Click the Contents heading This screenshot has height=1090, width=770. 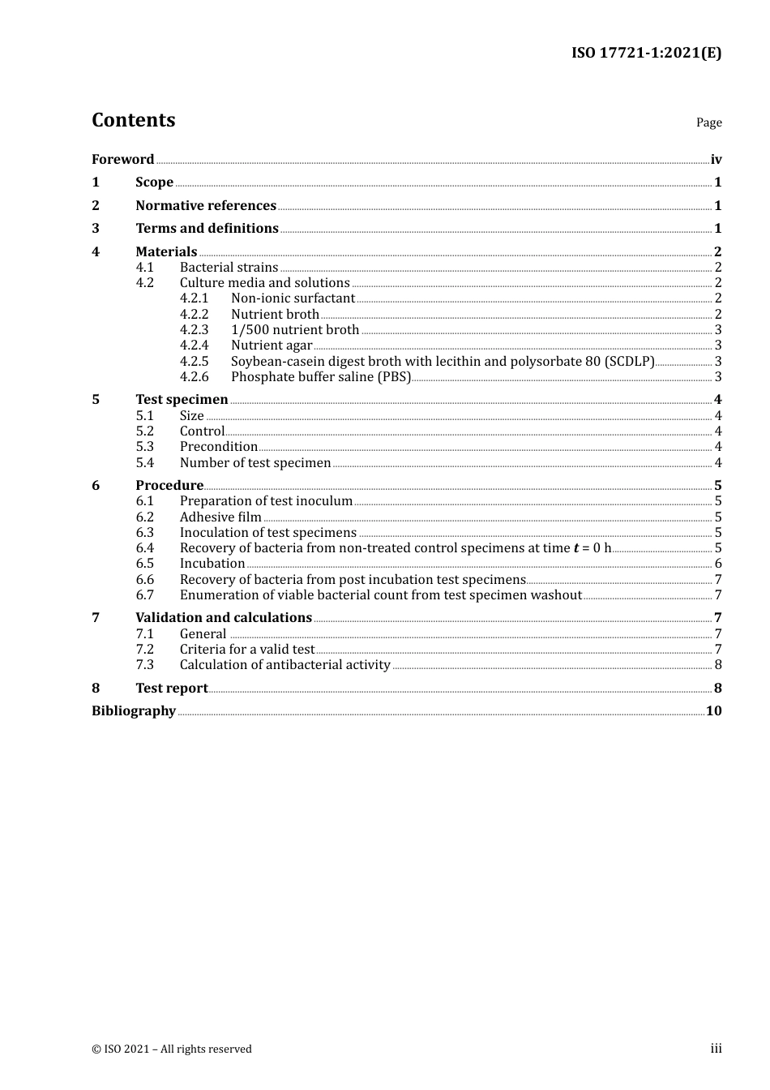click(133, 120)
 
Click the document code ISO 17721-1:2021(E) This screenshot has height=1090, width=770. click(646, 53)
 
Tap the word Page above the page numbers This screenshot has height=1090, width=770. click(708, 122)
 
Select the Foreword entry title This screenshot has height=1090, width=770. click(122, 159)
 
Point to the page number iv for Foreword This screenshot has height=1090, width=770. click(716, 159)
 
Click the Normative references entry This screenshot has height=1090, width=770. click(206, 205)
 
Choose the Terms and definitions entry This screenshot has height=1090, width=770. click(207, 228)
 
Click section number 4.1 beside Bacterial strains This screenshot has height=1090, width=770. click(145, 267)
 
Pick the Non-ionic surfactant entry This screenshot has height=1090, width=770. click(293, 298)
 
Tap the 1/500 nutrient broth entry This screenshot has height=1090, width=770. click(295, 329)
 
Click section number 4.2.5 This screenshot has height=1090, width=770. click(195, 361)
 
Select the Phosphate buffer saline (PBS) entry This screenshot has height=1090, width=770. click(321, 376)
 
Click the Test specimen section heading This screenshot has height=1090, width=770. click(182, 399)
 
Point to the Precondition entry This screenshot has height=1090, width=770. click(219, 446)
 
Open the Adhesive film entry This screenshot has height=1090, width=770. click(220, 517)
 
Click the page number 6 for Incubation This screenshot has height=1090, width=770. click(718, 563)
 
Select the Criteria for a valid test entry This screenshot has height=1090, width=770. click(246, 649)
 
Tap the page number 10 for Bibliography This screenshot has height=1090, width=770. click(714, 710)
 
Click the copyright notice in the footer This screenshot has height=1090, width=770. click(172, 1049)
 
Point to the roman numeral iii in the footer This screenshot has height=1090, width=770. click(717, 1048)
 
